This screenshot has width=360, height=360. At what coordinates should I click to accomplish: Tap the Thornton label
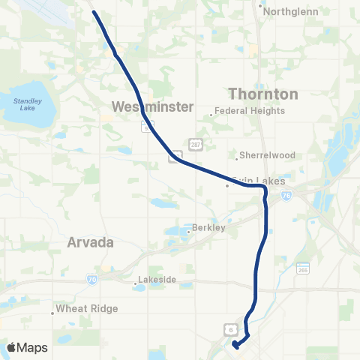pos(262,94)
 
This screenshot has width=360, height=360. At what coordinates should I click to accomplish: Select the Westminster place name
pos(153,106)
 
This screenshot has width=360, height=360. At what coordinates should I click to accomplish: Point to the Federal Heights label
pos(250,111)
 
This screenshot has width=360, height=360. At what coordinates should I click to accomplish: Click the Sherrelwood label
pos(267,156)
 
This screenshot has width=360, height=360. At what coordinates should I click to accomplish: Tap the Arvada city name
pos(89,243)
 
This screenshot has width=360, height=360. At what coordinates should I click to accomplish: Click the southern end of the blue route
pos(235,345)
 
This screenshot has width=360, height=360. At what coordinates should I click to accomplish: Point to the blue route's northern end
pos(93,11)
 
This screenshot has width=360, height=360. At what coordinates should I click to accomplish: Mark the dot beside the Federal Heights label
pos(212,114)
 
